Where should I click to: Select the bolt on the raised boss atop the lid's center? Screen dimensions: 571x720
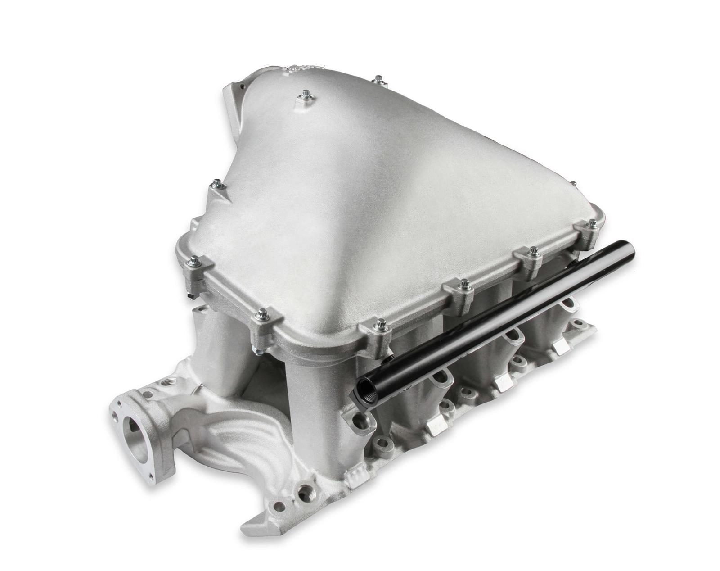coord(304,95)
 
